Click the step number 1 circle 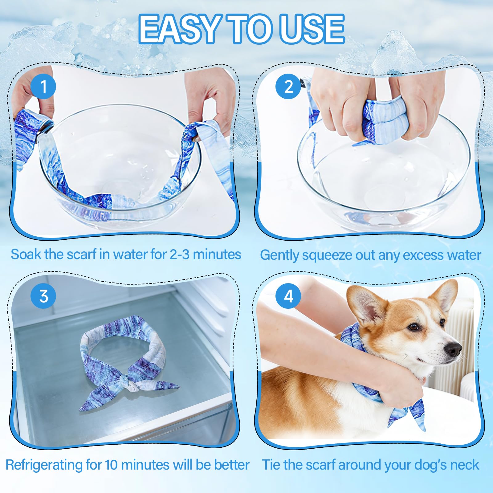(x=43, y=86)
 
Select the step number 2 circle (x=288, y=86)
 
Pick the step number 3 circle (x=43, y=296)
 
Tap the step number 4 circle (x=288, y=296)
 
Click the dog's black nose (x=453, y=349)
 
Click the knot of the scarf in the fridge (x=132, y=384)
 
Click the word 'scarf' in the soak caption (x=81, y=255)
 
